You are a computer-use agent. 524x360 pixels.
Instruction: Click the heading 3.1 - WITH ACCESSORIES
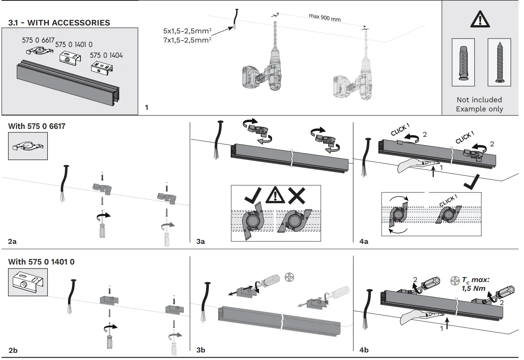click(x=59, y=23)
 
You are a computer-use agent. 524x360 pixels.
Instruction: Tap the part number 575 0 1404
click(x=106, y=55)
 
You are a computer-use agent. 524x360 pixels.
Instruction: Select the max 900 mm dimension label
click(x=324, y=18)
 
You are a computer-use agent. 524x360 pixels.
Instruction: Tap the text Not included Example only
click(x=479, y=104)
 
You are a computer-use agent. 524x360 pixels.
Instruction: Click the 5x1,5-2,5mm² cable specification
click(x=187, y=31)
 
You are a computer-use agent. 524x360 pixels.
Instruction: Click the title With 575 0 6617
click(x=37, y=126)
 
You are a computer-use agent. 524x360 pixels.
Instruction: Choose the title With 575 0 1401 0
click(x=41, y=262)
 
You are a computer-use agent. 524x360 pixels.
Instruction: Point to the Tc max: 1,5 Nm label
click(x=472, y=284)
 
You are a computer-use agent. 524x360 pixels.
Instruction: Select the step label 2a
click(x=13, y=241)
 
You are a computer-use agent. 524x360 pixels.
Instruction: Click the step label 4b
click(x=364, y=350)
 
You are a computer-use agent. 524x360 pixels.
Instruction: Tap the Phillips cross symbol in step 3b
click(x=290, y=277)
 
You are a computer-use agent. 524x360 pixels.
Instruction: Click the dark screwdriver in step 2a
click(x=103, y=225)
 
